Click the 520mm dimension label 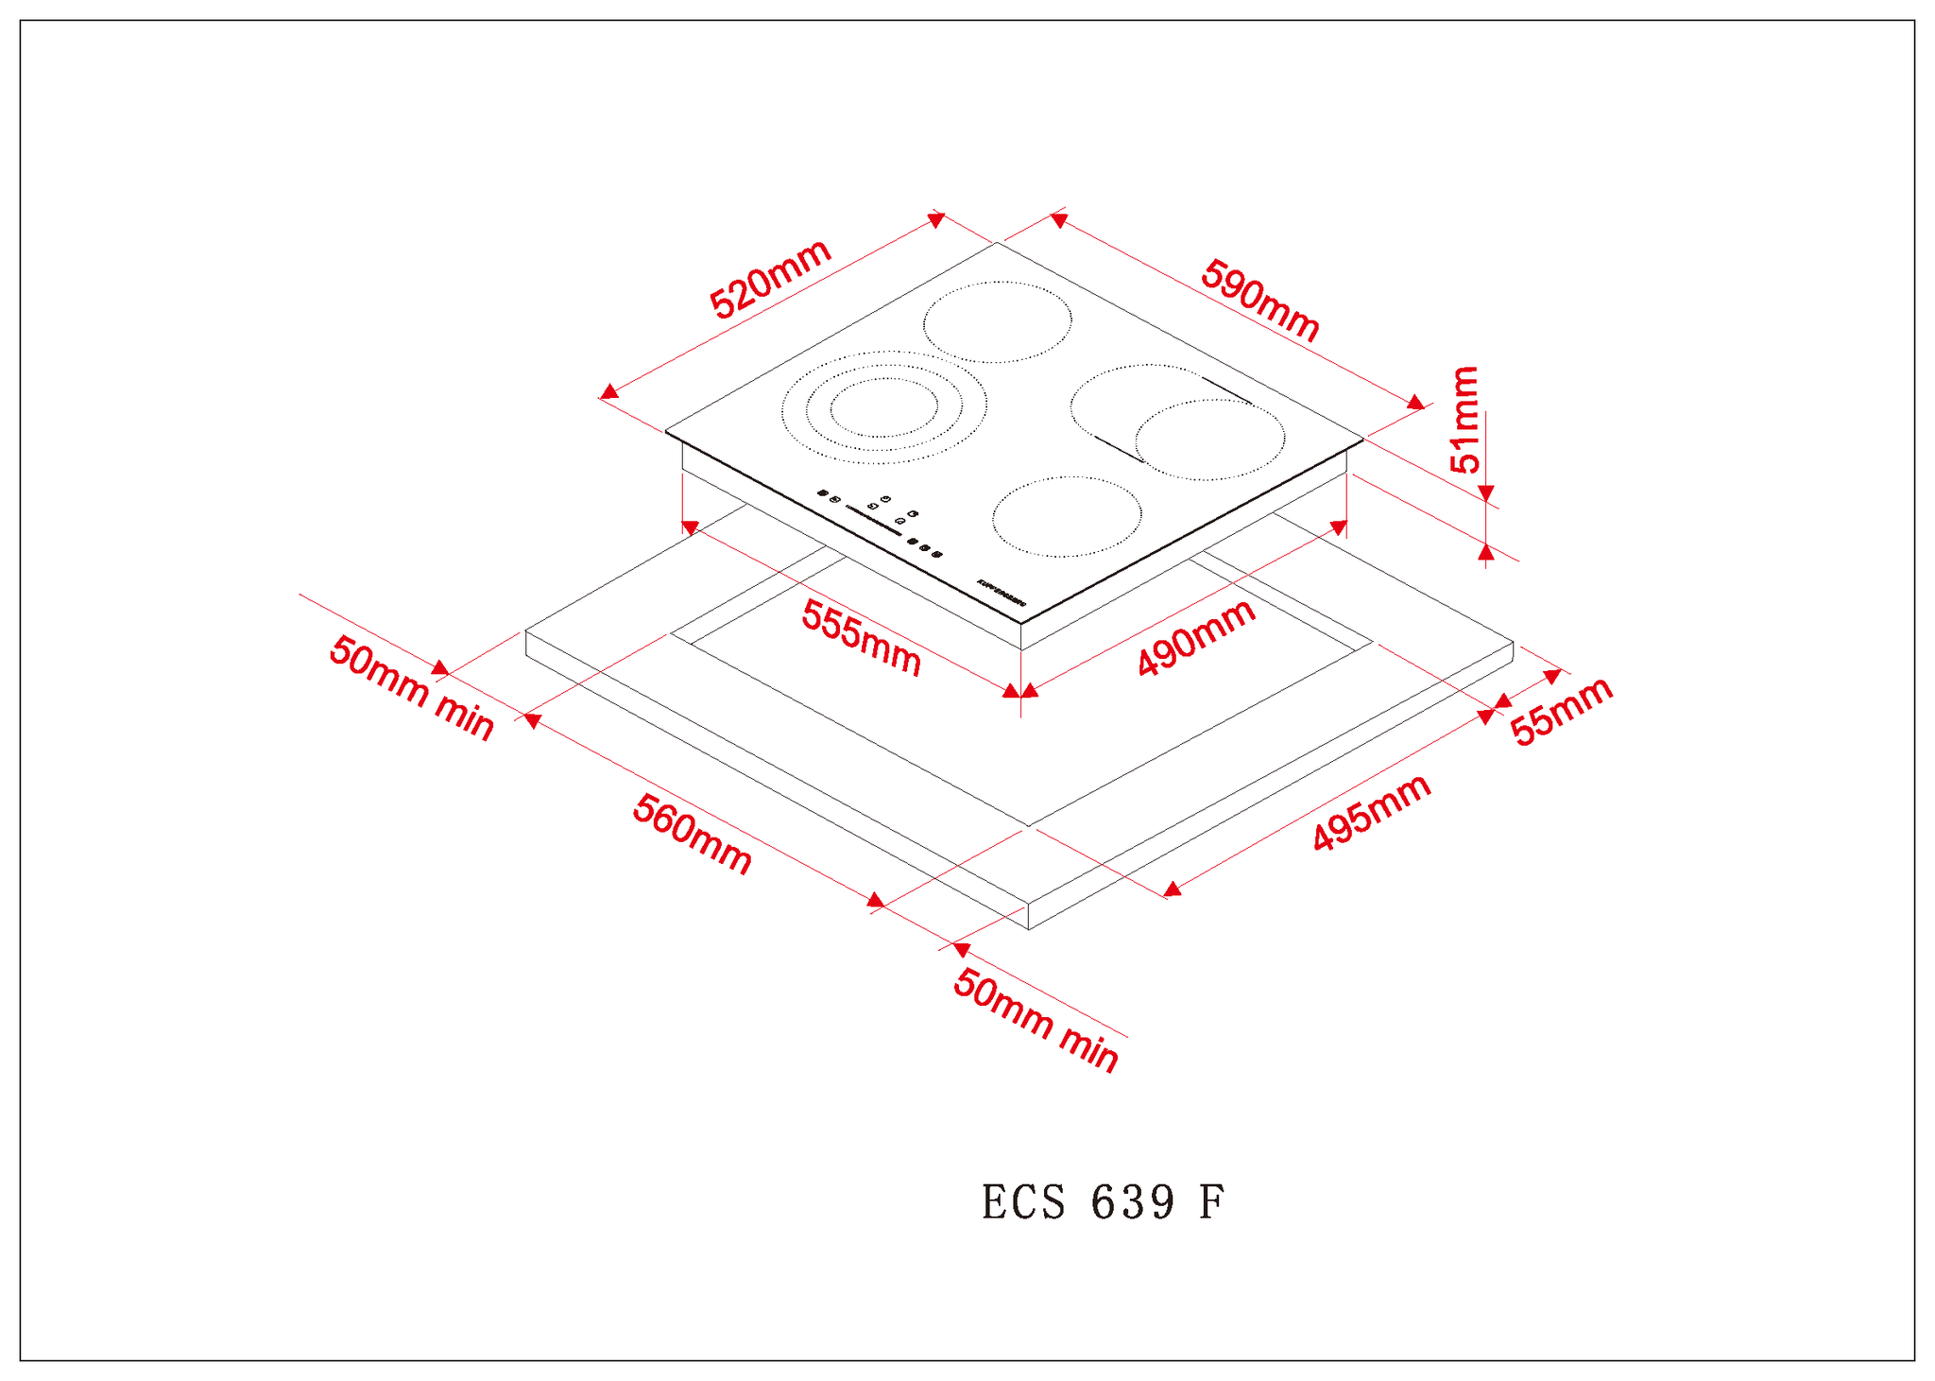[x=770, y=279]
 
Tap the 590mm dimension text [x=1259, y=300]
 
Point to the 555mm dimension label [x=861, y=638]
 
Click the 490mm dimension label [x=1196, y=638]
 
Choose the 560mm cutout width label [x=693, y=835]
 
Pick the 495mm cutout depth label [x=1372, y=813]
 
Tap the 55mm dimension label [x=1561, y=711]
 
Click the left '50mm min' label [x=411, y=689]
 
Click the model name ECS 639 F [x=1104, y=1202]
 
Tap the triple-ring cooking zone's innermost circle [x=884, y=407]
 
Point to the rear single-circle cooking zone [x=998, y=321]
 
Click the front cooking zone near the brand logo [x=1067, y=516]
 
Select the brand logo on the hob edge [x=1002, y=592]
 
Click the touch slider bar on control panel [x=873, y=521]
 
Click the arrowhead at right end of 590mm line [x=1415, y=403]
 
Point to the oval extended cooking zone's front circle [x=1209, y=440]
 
